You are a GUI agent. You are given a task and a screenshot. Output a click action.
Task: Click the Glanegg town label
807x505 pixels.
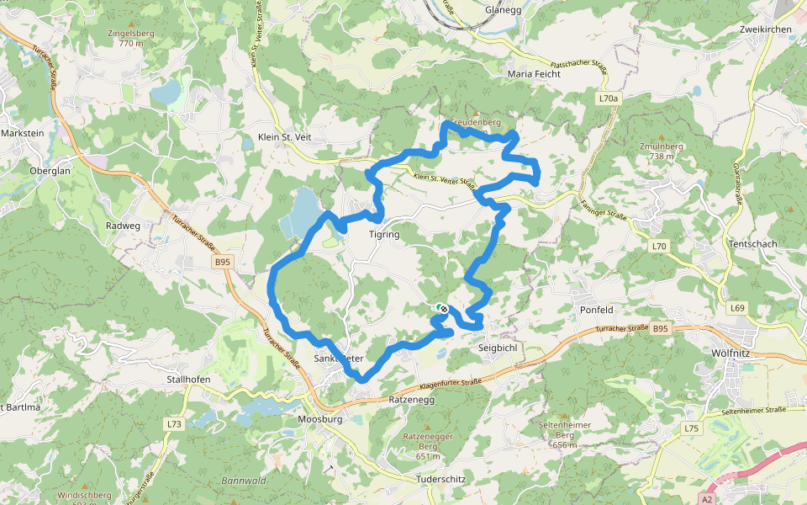503,10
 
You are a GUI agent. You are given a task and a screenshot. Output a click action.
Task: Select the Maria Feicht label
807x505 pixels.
534,74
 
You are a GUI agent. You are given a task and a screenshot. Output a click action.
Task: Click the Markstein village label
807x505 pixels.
22,133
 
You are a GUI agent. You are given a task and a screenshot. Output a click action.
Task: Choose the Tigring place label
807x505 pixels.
384,235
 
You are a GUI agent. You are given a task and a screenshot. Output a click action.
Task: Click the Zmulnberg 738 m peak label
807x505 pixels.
662,151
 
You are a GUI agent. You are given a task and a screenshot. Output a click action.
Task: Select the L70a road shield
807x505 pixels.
609,98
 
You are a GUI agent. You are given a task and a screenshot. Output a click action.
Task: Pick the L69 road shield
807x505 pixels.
737,308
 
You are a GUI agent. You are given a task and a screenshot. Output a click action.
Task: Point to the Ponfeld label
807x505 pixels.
596,309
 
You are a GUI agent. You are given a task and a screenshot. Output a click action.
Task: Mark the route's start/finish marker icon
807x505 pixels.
442,309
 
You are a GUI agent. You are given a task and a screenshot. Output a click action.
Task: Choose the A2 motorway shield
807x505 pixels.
707,497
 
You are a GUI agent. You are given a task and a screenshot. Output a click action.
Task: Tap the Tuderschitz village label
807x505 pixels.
440,479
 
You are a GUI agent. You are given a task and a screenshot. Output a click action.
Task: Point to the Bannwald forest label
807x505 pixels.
244,481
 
